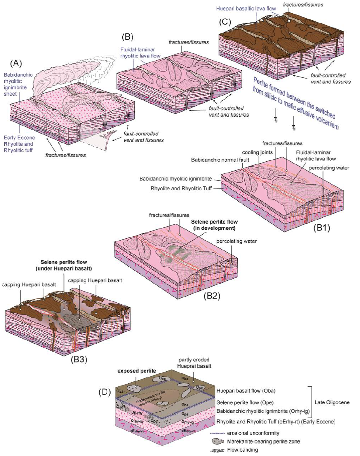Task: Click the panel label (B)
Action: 127,37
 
